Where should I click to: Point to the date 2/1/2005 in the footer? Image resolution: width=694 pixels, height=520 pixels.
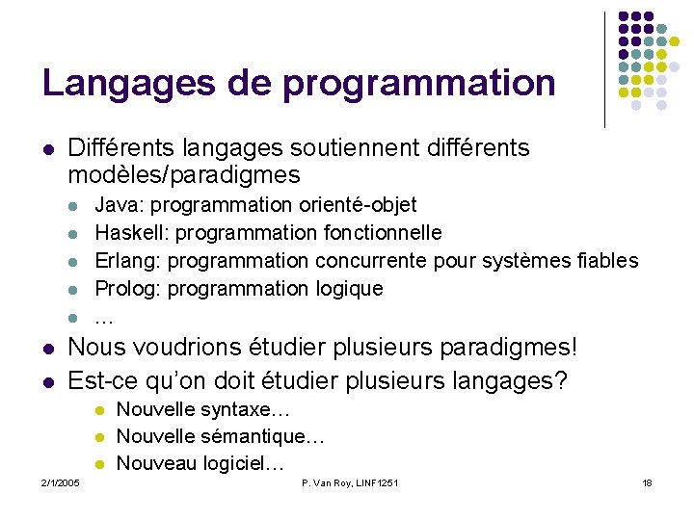(x=61, y=482)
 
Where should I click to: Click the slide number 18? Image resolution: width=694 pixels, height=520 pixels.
(x=647, y=482)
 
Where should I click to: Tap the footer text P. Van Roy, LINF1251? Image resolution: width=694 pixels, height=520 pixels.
(x=350, y=482)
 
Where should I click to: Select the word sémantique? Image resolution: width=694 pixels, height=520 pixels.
(x=257, y=437)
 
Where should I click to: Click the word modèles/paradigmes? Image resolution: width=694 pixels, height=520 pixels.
(x=184, y=175)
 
